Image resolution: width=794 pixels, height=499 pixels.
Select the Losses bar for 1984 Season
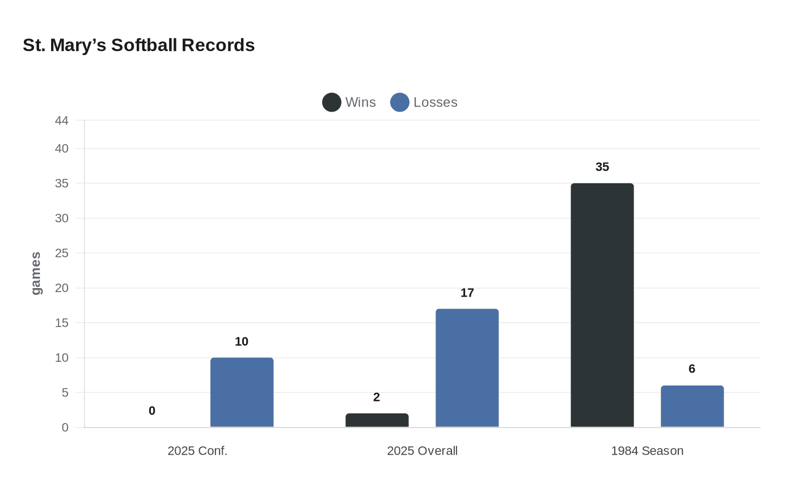coord(692,407)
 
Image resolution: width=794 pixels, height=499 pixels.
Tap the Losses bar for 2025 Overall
coord(467,368)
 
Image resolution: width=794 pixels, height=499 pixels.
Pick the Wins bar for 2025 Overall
coord(377,420)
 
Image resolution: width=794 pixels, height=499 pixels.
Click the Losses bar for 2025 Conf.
coord(242,392)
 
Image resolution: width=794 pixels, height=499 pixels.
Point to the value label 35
coord(602,167)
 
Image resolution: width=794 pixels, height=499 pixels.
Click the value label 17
coord(467,293)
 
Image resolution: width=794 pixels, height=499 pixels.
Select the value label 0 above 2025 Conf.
coord(152,411)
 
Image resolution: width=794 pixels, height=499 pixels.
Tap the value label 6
coord(692,369)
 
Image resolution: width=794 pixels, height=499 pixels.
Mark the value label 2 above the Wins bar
coord(377,397)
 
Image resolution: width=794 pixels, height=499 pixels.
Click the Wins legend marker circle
coord(332,103)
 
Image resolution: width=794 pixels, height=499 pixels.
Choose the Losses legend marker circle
coord(400,103)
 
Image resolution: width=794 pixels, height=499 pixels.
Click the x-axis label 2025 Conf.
coord(197,451)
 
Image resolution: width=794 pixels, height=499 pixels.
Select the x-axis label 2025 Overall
coord(422,451)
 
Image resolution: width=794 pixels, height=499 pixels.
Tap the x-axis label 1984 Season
coord(647,451)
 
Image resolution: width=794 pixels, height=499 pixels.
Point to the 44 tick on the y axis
coord(62,120)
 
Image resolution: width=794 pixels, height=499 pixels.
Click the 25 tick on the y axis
coord(62,253)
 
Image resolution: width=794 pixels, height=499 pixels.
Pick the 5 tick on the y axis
coord(65,392)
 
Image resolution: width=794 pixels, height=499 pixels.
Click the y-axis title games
coord(36,273)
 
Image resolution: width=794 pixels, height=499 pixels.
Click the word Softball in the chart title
coord(144,45)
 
